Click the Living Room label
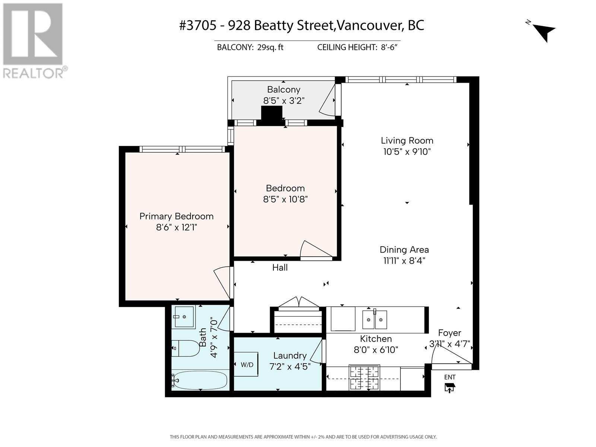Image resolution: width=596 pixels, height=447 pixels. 407,140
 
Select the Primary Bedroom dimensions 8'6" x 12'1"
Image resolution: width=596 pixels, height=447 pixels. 177,227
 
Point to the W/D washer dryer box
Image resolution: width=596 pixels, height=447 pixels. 246,365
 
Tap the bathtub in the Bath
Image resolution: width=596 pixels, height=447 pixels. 200,380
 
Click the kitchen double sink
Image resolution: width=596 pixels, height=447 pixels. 375,320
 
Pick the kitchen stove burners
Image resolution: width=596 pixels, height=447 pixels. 364,377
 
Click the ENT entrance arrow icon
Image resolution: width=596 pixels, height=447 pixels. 449,388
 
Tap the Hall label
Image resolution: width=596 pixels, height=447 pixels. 280,268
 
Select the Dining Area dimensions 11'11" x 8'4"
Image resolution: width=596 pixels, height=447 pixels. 404,261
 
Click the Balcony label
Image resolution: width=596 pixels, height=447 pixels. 283,89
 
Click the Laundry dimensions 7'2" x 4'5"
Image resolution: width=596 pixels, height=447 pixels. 290,367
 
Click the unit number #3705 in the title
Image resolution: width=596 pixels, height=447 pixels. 198,25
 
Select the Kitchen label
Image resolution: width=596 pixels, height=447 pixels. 376,339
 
